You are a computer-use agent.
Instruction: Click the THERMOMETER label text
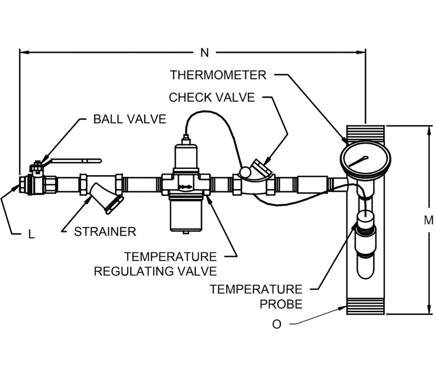[x=218, y=75]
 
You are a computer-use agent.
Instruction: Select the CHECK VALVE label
[x=212, y=97]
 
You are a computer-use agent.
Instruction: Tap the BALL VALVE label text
[x=129, y=119]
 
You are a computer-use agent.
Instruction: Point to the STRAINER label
[x=105, y=232]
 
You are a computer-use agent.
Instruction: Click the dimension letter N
[x=205, y=52]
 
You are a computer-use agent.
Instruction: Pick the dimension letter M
[x=429, y=220]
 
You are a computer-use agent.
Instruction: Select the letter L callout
[x=32, y=234]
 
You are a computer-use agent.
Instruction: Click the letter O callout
[x=276, y=324]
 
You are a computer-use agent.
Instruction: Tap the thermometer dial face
[x=365, y=160]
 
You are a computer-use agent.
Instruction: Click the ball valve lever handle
[x=77, y=161]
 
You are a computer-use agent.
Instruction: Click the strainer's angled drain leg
[x=107, y=198]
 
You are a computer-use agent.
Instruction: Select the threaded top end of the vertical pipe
[x=365, y=133]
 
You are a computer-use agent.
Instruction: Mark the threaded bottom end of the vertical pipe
[x=365, y=307]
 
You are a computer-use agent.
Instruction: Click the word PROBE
[x=281, y=304]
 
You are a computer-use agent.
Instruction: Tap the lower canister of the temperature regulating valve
[x=186, y=214]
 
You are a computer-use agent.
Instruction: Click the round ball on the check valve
[x=245, y=171]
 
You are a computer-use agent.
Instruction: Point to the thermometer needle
[x=358, y=161]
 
